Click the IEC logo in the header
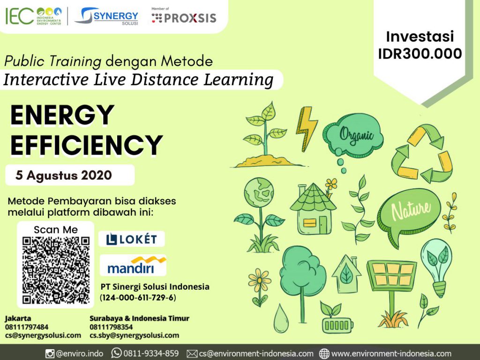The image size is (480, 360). (x=34, y=16)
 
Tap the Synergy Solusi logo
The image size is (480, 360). (x=107, y=16)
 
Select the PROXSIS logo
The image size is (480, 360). (x=184, y=16)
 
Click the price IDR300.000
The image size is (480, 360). (x=420, y=53)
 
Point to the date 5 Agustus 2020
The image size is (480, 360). (x=64, y=175)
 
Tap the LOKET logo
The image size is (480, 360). (x=132, y=239)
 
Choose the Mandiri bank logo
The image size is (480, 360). (x=134, y=265)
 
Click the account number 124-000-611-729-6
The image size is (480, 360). (x=138, y=298)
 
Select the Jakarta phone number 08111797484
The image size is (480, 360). (x=27, y=327)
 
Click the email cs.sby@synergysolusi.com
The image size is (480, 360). (x=135, y=335)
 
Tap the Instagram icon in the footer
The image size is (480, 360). (x=50, y=354)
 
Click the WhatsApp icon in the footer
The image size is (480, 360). (x=116, y=353)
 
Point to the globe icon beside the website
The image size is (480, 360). (x=324, y=353)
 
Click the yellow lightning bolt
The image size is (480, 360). (x=306, y=128)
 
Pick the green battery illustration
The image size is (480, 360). (x=337, y=325)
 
